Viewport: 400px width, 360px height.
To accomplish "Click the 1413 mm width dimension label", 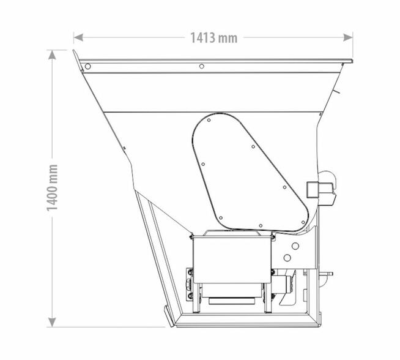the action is point(214,38).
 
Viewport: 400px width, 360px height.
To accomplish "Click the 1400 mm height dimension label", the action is point(53,188).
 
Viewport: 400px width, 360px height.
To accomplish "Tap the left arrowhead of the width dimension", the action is point(78,37).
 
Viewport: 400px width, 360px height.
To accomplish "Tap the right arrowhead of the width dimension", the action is point(348,37).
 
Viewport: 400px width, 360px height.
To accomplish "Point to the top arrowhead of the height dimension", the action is point(52,54).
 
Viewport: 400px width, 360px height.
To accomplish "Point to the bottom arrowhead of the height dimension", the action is point(52,322).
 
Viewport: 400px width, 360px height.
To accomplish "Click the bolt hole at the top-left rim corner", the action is point(87,66).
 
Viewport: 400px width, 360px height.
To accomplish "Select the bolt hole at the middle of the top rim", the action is point(202,66).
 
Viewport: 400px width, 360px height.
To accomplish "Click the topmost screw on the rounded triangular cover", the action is point(209,120).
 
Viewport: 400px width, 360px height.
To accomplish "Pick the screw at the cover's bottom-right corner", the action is point(303,222).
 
